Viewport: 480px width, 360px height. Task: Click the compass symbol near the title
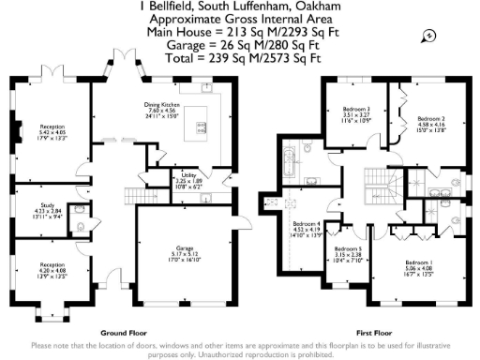tap(428, 36)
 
